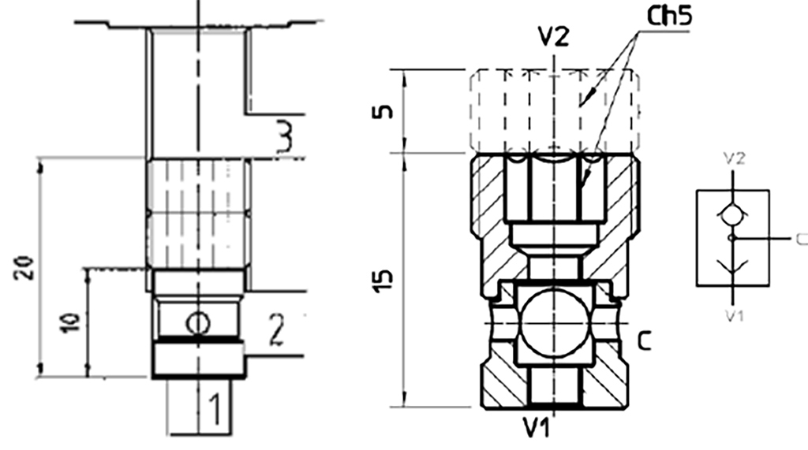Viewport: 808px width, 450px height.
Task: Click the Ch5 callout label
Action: click(x=669, y=17)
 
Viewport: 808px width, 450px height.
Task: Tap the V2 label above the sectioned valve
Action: click(x=553, y=37)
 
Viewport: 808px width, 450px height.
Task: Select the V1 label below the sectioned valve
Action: click(x=537, y=427)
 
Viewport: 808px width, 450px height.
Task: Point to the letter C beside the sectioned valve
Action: click(x=644, y=340)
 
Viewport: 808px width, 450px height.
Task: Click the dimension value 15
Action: click(x=383, y=281)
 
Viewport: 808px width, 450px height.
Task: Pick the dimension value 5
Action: click(x=383, y=112)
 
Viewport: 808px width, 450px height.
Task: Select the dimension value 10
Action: click(x=70, y=322)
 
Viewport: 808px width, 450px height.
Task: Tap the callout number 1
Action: click(x=216, y=409)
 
